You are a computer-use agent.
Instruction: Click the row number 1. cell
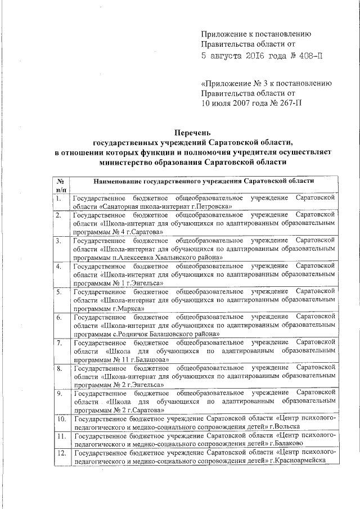(58, 199)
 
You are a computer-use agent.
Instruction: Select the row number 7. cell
(58, 343)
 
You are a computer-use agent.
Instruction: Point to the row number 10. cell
(60, 420)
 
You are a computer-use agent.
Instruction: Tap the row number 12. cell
(60, 453)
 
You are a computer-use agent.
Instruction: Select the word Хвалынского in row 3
(191, 257)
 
